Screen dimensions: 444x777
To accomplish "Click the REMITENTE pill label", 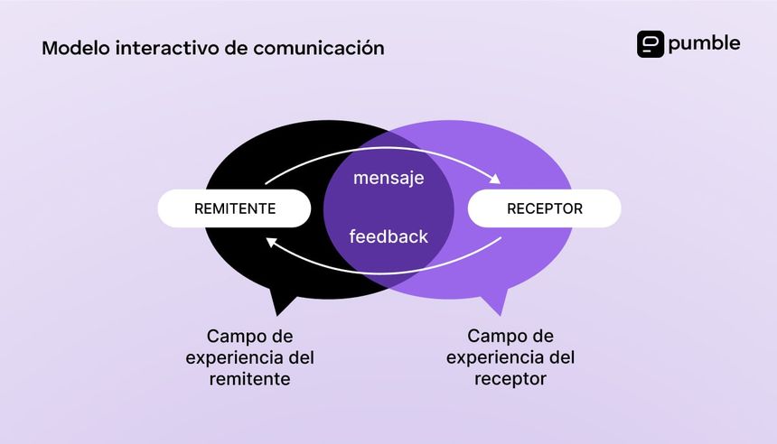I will [x=235, y=208].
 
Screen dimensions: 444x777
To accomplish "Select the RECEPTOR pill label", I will [x=544, y=208].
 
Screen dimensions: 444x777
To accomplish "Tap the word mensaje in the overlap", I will [x=388, y=178].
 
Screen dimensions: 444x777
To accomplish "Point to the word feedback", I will [x=388, y=237].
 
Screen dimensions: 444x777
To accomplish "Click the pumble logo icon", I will [x=651, y=44].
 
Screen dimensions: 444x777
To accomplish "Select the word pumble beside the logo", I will [x=705, y=43].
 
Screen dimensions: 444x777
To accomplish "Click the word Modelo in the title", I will [x=75, y=48].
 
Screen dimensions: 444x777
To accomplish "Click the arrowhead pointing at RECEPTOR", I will [x=495, y=179].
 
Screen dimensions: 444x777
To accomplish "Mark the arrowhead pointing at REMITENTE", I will [x=271, y=240].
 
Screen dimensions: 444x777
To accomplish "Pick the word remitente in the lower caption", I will [x=250, y=379].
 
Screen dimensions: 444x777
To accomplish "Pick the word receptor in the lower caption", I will [x=510, y=379].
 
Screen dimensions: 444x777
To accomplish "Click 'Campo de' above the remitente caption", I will [x=250, y=336].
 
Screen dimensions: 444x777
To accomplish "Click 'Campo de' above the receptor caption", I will [x=510, y=336].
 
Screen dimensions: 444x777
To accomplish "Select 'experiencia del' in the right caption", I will [x=510, y=357].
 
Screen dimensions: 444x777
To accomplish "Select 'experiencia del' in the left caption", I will [x=250, y=357].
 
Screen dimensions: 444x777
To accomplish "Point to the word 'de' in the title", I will [x=235, y=48].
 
